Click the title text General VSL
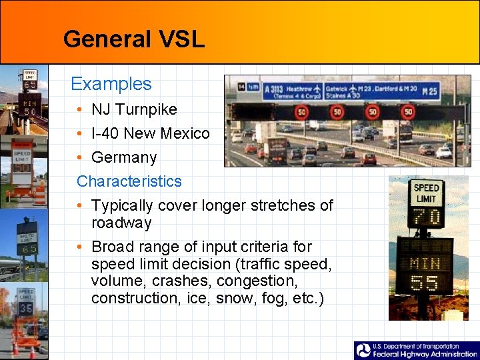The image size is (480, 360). pyautogui.click(x=133, y=39)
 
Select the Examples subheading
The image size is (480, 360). pyautogui.click(x=111, y=84)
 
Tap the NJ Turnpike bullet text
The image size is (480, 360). pyautogui.click(x=134, y=109)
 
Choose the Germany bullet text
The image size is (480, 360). pyautogui.click(x=124, y=157)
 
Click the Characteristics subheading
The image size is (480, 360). pyautogui.click(x=129, y=181)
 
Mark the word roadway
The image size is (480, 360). pyautogui.click(x=121, y=223)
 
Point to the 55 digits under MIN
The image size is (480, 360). pyautogui.click(x=425, y=283)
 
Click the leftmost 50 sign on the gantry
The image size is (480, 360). pyautogui.click(x=302, y=112)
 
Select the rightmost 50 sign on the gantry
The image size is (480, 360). pyautogui.click(x=408, y=112)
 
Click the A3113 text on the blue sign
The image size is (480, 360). pyautogui.click(x=275, y=89)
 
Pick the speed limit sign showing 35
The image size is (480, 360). pyautogui.click(x=26, y=309)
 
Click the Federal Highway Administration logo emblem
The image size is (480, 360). pyautogui.click(x=363, y=351)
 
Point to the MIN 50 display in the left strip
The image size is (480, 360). pyautogui.click(x=29, y=107)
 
